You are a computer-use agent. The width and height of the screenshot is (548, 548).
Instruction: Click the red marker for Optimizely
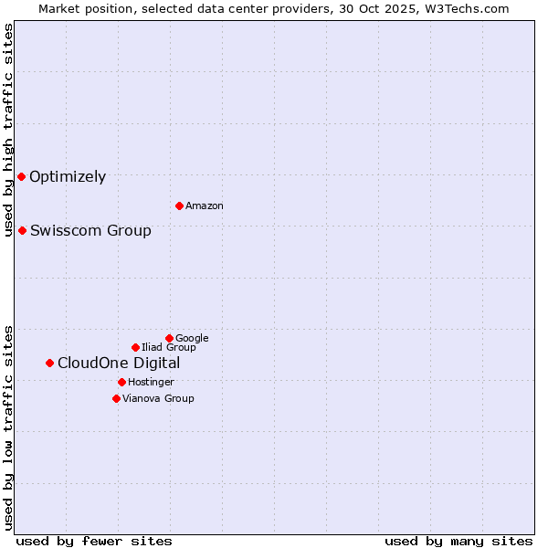(x=21, y=176)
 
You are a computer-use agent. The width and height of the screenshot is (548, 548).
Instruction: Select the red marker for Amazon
(x=179, y=205)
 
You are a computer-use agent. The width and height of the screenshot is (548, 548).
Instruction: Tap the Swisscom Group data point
(x=22, y=230)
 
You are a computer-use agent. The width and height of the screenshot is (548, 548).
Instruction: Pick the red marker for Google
(x=169, y=338)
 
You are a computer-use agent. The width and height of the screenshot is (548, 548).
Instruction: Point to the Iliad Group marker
(x=135, y=347)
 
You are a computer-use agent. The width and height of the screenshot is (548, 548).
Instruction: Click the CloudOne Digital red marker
(x=49, y=363)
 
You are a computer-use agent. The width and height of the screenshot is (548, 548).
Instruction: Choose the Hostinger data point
(x=121, y=382)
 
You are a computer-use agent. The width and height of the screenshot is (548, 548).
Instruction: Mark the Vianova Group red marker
(x=116, y=398)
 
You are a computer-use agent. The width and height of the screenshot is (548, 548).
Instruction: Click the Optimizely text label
(x=68, y=177)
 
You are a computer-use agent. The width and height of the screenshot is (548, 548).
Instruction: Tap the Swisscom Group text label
(x=90, y=230)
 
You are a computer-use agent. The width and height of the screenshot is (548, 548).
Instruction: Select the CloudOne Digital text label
(x=119, y=364)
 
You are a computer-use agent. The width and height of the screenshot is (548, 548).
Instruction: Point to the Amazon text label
(x=205, y=206)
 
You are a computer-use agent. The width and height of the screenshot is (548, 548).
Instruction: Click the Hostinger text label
(x=151, y=382)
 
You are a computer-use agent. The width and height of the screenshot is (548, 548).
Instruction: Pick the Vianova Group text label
(x=158, y=398)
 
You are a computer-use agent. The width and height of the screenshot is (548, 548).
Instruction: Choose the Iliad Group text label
(x=169, y=347)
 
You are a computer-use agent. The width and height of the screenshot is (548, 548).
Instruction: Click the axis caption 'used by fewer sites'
(x=94, y=541)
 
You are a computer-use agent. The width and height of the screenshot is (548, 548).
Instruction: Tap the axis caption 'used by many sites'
(x=458, y=541)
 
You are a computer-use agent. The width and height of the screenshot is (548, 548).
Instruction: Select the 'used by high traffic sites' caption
(x=9, y=130)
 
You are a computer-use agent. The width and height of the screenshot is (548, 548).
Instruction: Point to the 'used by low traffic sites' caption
(x=9, y=427)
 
